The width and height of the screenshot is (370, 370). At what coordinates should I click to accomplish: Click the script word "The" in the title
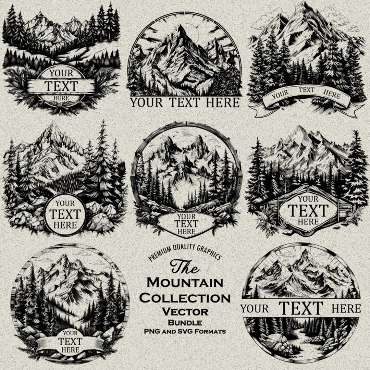click(x=185, y=267)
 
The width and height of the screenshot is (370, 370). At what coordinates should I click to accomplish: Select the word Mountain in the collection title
click(x=185, y=283)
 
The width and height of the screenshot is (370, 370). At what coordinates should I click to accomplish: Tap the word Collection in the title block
click(x=185, y=298)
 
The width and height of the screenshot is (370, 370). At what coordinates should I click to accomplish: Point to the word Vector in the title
click(x=185, y=312)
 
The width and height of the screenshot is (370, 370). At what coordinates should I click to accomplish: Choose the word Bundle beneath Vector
click(x=185, y=322)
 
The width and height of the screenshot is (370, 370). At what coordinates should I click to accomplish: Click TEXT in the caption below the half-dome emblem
click(x=185, y=102)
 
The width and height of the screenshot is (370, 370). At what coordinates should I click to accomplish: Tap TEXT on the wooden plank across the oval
click(x=61, y=86)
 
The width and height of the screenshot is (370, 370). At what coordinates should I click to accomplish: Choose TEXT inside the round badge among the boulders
click(x=65, y=214)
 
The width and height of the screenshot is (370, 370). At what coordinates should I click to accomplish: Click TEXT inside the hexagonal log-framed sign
click(x=308, y=210)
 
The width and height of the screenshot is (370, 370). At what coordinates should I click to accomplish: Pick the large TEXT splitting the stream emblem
click(x=301, y=308)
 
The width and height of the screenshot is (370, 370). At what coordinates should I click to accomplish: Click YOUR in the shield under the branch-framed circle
click(x=186, y=217)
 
